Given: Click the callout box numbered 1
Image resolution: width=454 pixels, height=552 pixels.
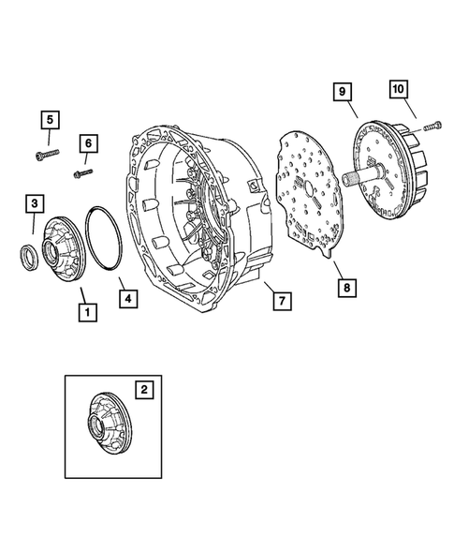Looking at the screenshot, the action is coord(88,312).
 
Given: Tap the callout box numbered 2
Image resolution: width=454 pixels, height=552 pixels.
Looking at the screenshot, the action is coord(144,389).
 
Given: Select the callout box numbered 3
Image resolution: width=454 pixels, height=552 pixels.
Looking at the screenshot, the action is coord(35,203).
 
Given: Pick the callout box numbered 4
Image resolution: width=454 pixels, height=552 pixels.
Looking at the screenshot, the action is coord(128,299).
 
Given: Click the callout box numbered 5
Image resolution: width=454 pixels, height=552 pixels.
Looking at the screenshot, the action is coord(50,120).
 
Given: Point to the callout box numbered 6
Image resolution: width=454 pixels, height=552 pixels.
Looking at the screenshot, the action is coord(88,143).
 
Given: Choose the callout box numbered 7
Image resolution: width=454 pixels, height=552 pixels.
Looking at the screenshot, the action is coord(283,301).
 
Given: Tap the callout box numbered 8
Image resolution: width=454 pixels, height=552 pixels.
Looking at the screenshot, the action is coord(347,288).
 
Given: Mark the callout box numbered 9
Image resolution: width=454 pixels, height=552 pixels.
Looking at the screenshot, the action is coord(343,92).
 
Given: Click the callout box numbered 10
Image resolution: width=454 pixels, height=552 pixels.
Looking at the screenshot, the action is coord(399,89).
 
